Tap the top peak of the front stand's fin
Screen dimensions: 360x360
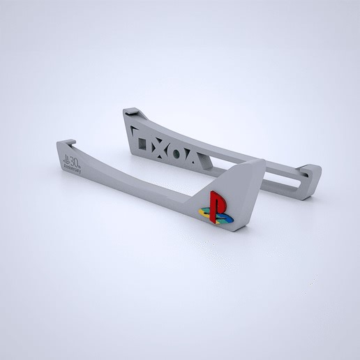click(x=262, y=161)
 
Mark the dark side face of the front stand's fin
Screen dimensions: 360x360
click(x=252, y=195)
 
